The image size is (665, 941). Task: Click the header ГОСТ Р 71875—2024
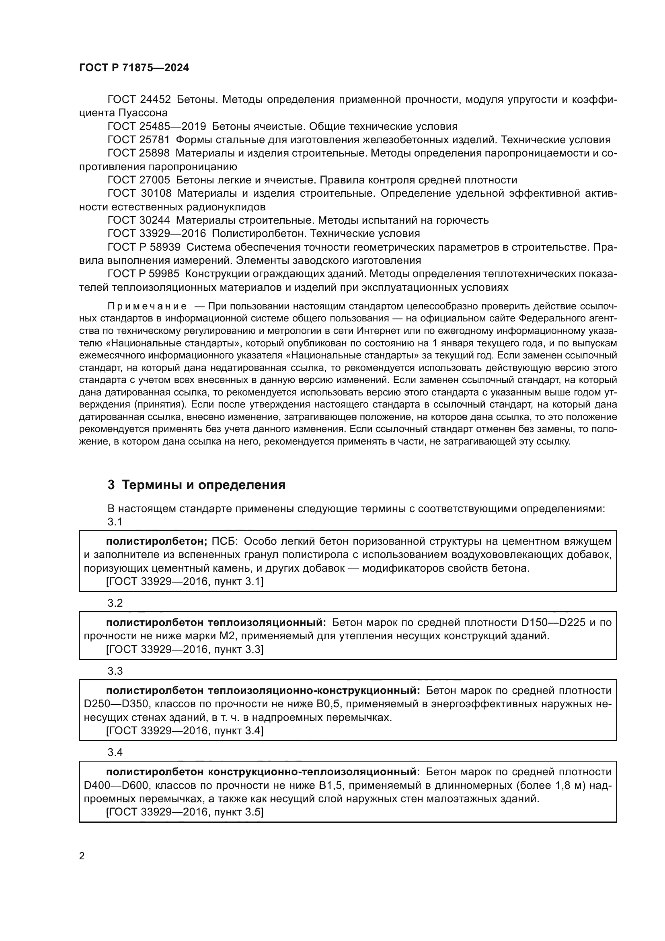pos(134,68)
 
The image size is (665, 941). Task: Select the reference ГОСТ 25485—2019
pos(156,126)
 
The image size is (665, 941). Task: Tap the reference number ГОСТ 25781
pos(138,140)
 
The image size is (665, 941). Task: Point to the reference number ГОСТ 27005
pos(138,180)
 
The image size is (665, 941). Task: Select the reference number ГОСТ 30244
pos(138,220)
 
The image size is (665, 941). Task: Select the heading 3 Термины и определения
pos(196,485)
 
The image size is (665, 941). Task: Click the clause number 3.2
pos(115,603)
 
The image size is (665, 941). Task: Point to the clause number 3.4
pos(115,752)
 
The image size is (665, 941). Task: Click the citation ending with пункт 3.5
pos(184,812)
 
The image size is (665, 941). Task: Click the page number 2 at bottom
pos(82,856)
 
